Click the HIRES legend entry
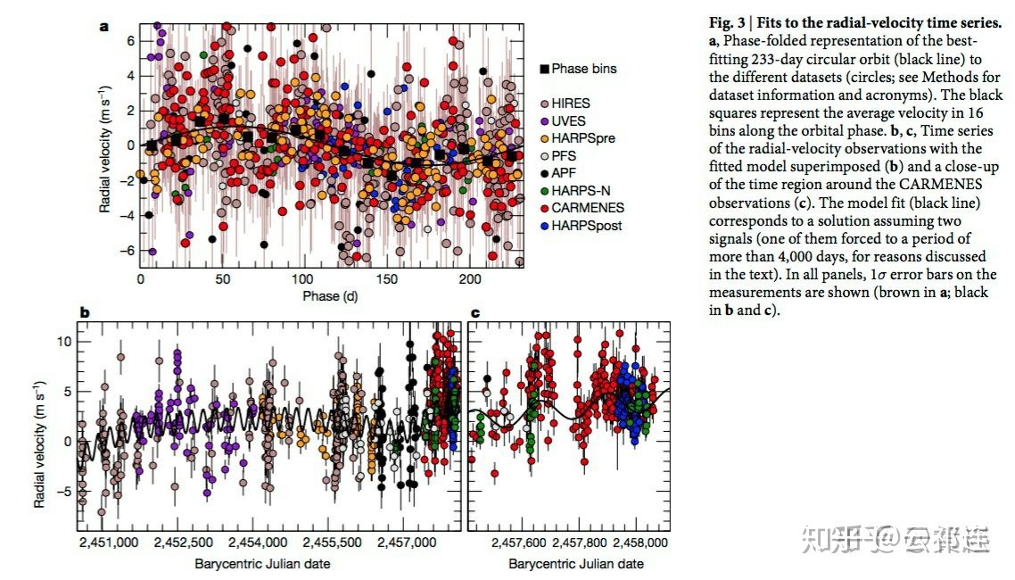[571, 104]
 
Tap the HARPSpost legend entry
[586, 226]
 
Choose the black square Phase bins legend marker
[544, 69]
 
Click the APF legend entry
[565, 173]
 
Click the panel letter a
[103, 27]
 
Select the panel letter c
[474, 313]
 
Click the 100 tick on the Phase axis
[305, 279]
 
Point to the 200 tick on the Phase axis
[469, 279]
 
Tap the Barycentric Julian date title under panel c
[576, 564]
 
